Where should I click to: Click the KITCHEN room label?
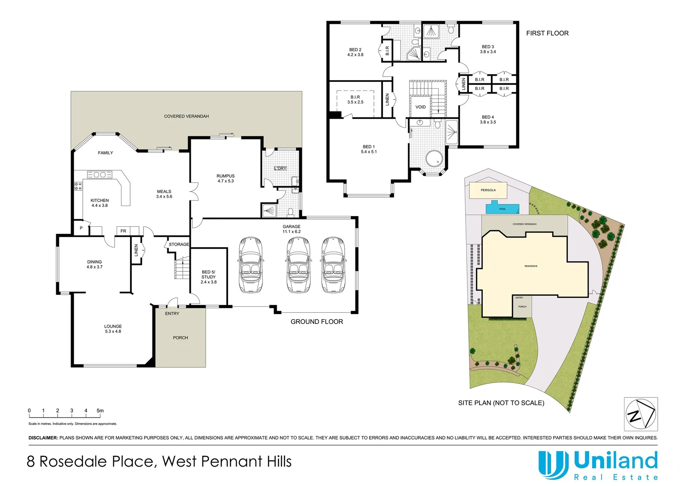[x=99, y=201]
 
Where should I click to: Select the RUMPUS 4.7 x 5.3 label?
[x=225, y=178]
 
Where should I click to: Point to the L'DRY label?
[x=280, y=168]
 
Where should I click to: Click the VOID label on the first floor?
[x=420, y=107]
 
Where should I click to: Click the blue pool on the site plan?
[x=502, y=209]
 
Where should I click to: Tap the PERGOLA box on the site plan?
[x=488, y=190]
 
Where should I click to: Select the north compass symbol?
[x=641, y=414]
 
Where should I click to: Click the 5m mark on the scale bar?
[x=100, y=411]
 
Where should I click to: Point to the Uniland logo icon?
[x=553, y=465]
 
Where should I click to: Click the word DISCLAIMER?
[x=43, y=438]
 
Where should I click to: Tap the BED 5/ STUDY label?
[x=208, y=274]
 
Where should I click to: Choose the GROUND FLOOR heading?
[x=317, y=322]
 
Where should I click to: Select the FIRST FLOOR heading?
[x=547, y=33]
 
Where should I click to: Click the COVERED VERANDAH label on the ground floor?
[x=186, y=117]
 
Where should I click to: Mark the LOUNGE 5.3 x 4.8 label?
[x=113, y=329]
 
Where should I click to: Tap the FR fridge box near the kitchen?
[x=123, y=231]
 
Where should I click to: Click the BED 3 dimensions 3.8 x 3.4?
[x=488, y=52]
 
